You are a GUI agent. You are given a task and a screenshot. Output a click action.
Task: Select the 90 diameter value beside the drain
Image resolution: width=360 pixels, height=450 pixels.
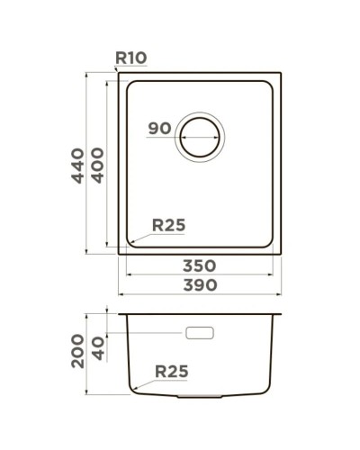(159, 129)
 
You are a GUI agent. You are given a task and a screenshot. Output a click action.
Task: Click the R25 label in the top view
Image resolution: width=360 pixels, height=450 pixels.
(167, 227)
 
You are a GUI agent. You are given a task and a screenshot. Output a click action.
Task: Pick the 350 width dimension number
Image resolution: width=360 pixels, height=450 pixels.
(199, 265)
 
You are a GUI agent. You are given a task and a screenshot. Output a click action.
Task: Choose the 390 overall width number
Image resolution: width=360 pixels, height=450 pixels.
(199, 285)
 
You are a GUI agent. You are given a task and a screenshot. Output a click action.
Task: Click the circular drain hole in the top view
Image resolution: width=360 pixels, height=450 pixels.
(200, 138)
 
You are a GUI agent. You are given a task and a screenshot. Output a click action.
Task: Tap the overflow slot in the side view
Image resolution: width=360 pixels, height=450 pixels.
(199, 334)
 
